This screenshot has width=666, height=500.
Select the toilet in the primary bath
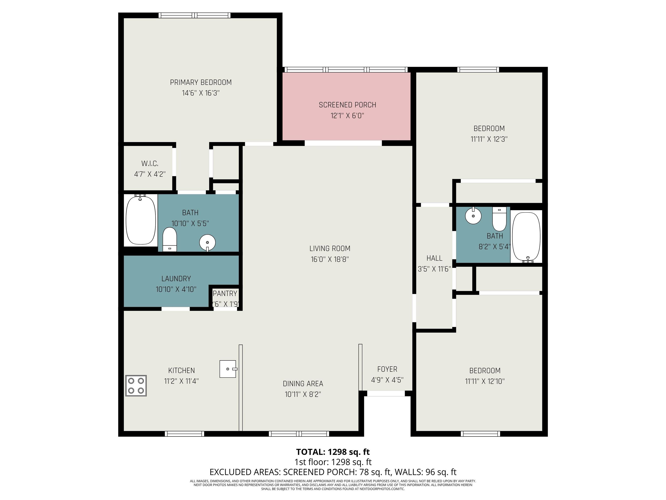point(170,239)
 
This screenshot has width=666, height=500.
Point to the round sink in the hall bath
point(473,215)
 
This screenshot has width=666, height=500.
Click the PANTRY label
point(225,294)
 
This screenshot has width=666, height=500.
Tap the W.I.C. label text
point(150,164)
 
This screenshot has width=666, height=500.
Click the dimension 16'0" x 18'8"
point(330,259)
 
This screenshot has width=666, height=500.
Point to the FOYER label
point(387,369)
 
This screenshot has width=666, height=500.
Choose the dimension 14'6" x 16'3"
point(201,93)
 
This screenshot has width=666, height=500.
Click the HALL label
point(434,258)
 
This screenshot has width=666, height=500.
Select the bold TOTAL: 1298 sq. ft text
point(333,452)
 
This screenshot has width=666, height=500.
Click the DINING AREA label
point(303,384)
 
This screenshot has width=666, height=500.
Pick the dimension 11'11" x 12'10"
point(485,381)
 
